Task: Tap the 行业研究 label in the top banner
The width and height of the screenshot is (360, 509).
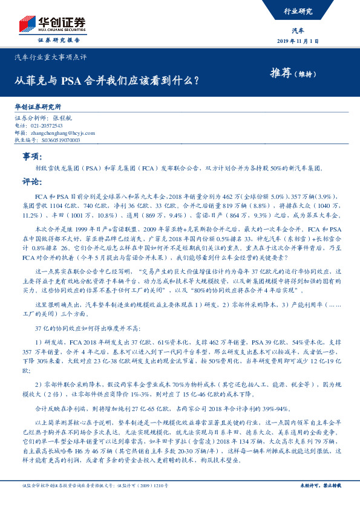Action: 298,11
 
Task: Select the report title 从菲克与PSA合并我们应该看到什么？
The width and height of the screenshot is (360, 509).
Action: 108,79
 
